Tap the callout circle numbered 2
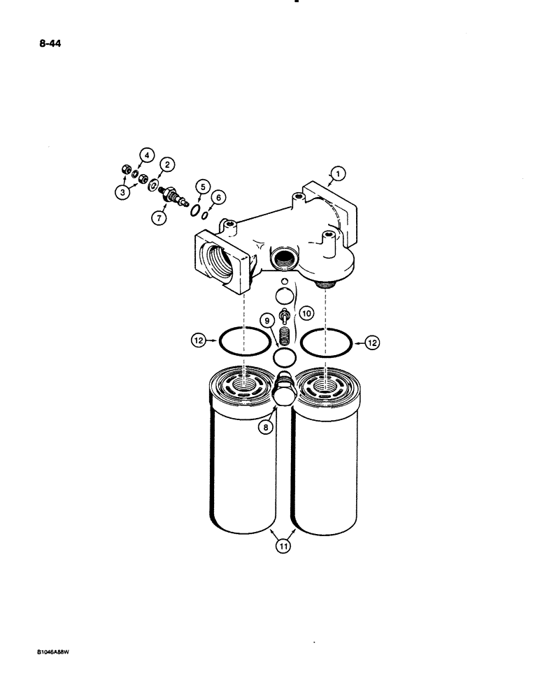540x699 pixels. coord(167,165)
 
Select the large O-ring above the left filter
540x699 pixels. coord(244,343)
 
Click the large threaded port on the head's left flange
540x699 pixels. coord(219,262)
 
